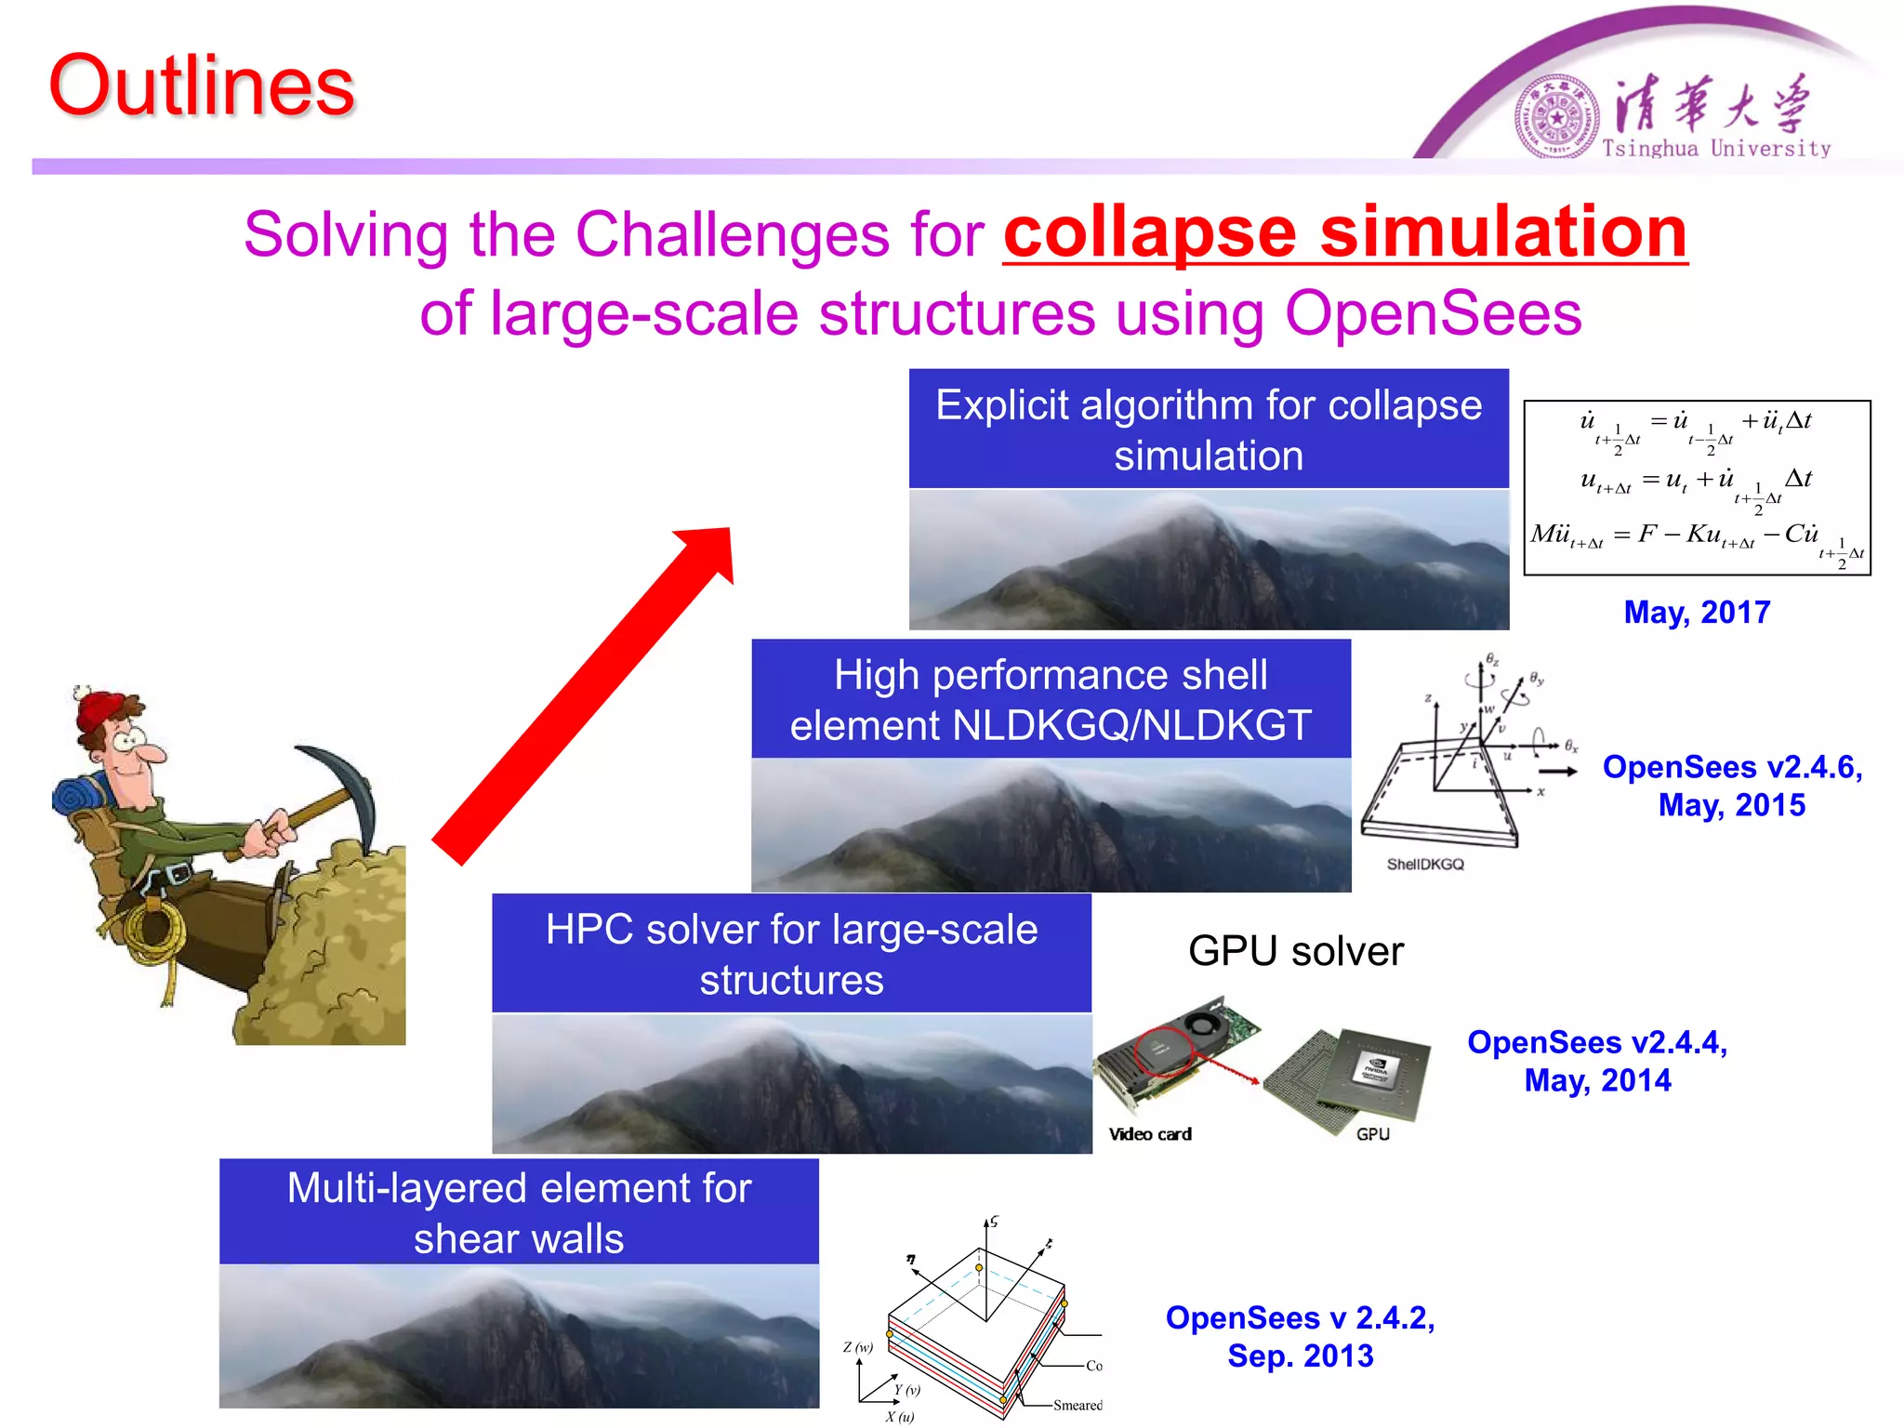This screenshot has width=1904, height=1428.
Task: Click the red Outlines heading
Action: coord(201,86)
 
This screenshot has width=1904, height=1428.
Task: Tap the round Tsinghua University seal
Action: coord(1556,117)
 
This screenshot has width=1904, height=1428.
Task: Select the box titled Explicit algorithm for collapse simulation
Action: coord(1208,430)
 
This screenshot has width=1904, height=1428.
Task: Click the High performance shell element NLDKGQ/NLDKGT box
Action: coord(1051,699)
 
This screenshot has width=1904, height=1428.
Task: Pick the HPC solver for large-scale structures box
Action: coord(791,954)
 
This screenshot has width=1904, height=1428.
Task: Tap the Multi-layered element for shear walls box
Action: coord(519,1212)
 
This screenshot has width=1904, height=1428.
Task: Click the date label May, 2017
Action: coord(1696,612)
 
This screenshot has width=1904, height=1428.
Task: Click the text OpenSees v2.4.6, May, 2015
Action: coord(1731,786)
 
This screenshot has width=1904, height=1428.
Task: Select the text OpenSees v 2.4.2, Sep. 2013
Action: coord(1300,1336)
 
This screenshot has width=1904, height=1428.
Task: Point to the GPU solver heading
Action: coord(1295,951)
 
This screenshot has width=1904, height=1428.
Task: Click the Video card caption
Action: coord(1149,1134)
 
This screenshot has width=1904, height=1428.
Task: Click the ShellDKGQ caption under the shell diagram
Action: coord(1424,864)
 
